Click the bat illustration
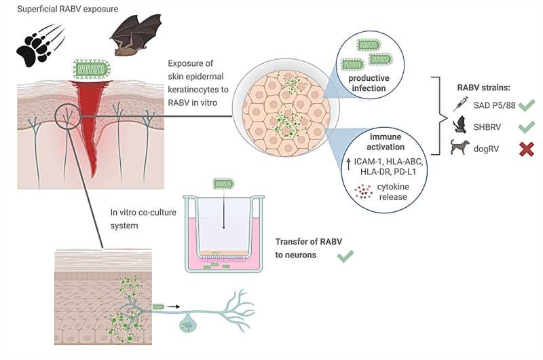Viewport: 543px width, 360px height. [136, 35]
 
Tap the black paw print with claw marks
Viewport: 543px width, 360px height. [41, 45]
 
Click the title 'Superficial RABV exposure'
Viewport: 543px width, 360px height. [67, 9]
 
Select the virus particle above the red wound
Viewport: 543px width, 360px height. [92, 69]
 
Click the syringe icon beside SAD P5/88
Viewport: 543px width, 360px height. [460, 104]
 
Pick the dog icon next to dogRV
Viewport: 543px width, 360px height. [460, 147]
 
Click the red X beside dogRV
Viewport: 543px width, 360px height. [527, 149]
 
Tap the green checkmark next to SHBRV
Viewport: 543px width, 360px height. [527, 126]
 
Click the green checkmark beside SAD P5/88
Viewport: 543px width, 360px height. [527, 105]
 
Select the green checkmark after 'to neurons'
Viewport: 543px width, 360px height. [345, 255]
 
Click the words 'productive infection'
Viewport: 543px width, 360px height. [369, 83]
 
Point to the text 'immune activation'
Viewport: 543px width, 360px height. [386, 142]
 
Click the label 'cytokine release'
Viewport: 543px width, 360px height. [393, 192]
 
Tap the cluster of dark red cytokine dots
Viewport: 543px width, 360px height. [364, 192]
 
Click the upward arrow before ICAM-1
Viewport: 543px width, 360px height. [349, 164]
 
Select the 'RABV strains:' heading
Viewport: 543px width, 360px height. [483, 88]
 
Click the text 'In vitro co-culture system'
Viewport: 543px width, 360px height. [143, 219]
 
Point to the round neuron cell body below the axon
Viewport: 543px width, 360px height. [187, 324]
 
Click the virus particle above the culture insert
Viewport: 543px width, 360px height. [224, 183]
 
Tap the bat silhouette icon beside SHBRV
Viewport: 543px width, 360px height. [460, 125]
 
